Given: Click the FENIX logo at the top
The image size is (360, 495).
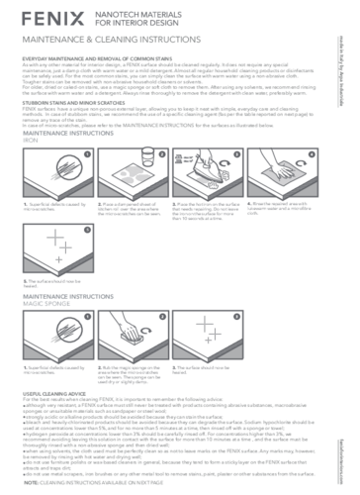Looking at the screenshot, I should tap(51, 18).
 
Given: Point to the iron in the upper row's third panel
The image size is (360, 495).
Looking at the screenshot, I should tap(202, 164).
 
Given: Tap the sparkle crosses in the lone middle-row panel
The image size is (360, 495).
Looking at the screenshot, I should tap(59, 244).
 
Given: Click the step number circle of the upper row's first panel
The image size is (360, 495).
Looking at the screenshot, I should tap(87, 153).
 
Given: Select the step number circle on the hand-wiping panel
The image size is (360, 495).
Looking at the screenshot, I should tap(311, 153).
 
